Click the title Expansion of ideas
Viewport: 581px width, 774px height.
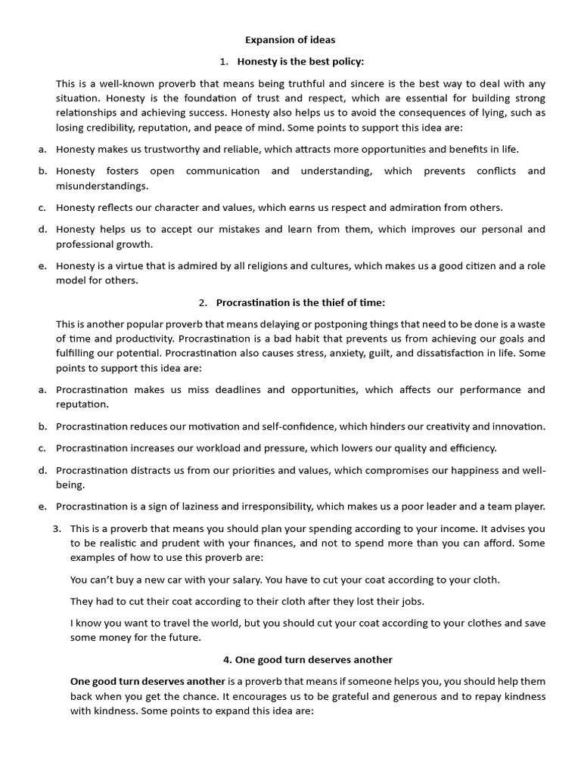tap(290, 40)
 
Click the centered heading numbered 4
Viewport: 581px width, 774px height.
tap(307, 660)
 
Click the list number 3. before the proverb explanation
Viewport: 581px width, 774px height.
tap(57, 528)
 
